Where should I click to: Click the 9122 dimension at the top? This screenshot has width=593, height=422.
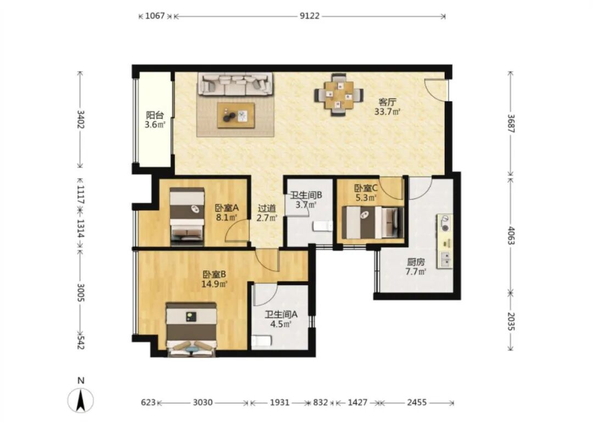pyautogui.click(x=309, y=16)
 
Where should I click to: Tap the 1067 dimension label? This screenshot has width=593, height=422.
pyautogui.click(x=155, y=16)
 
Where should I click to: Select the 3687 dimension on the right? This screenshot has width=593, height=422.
pyautogui.click(x=511, y=124)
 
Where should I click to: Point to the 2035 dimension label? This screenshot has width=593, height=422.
pyautogui.click(x=511, y=321)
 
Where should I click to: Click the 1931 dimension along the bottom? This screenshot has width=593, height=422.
pyautogui.click(x=279, y=402)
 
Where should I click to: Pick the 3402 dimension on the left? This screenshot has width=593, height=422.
pyautogui.click(x=80, y=119)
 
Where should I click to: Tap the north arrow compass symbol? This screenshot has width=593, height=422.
pyautogui.click(x=81, y=399)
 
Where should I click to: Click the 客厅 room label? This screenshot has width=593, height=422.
pyautogui.click(x=387, y=102)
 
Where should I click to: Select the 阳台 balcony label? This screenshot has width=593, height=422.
pyautogui.click(x=155, y=115)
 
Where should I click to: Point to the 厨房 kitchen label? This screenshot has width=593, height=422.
pyautogui.click(x=416, y=262)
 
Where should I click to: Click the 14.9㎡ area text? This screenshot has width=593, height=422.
pyautogui.click(x=215, y=284)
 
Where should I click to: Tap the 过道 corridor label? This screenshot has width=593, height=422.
pyautogui.click(x=267, y=208)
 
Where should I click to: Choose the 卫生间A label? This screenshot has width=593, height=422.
pyautogui.click(x=281, y=314)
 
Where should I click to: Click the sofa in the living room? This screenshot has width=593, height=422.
pyautogui.click(x=235, y=84)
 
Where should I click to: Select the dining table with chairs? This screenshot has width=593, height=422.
pyautogui.click(x=339, y=95)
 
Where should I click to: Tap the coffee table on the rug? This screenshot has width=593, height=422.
pyautogui.click(x=236, y=115)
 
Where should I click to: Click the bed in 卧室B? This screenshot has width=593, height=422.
pyautogui.click(x=192, y=330)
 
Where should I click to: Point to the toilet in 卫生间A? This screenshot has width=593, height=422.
pyautogui.click(x=262, y=341)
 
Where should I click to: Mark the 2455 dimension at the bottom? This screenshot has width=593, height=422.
pyautogui.click(x=417, y=402)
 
